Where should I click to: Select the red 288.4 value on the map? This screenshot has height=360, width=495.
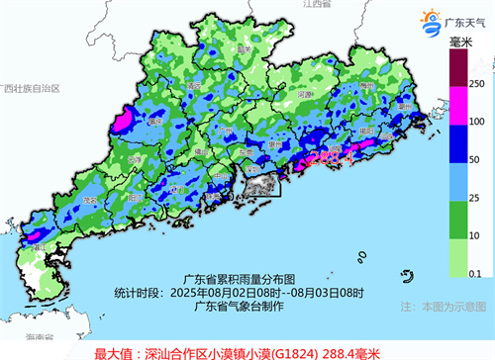click(328, 156)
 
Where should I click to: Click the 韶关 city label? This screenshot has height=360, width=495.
click(242, 46)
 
